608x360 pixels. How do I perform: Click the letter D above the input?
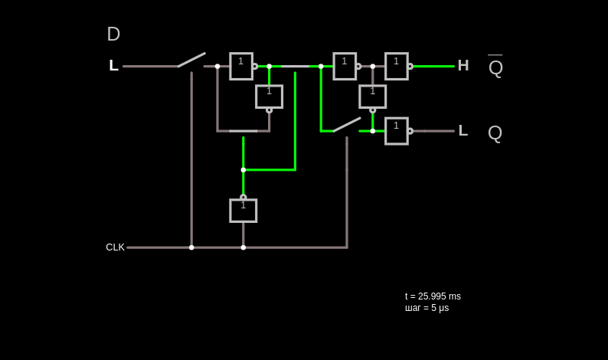113,34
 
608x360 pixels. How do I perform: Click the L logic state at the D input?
113,65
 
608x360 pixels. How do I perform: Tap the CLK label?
115,247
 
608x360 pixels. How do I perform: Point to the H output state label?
463,65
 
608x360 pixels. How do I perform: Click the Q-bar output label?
495,66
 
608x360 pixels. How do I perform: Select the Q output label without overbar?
495,133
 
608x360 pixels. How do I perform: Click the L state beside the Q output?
463,130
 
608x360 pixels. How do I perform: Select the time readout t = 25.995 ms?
433,296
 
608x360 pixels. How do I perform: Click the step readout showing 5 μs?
427,308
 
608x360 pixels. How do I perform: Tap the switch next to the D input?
191,60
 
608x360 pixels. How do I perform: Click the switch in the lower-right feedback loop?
347,125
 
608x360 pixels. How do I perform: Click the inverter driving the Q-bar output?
398,67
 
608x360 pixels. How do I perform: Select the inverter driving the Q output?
398,131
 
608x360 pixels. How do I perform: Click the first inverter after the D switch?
243,67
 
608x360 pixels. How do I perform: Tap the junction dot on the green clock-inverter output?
243,170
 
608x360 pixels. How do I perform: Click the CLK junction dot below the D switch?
191,247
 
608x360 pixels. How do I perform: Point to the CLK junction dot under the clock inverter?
243,247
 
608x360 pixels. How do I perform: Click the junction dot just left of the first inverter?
217,67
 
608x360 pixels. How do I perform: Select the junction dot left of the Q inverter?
373,131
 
